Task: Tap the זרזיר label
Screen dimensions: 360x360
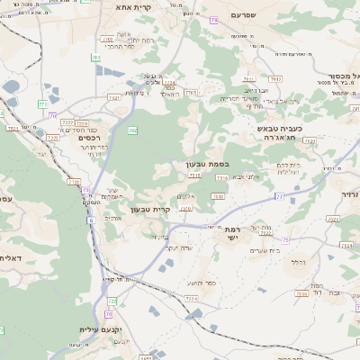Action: coord(350,193)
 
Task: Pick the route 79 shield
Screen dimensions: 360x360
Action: coord(213,20)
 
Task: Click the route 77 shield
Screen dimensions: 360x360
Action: coord(280,195)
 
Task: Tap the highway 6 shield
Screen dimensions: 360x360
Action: coord(91,220)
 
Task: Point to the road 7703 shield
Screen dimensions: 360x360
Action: coord(191,92)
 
